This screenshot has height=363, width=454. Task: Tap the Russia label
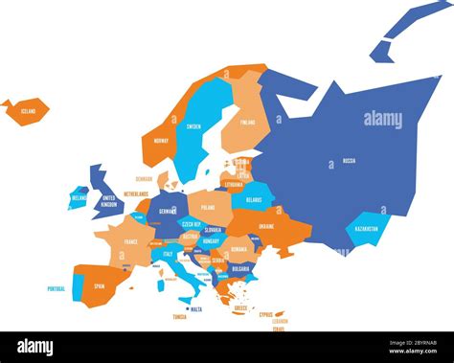point(349,161)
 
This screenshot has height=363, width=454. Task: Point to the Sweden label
point(193,126)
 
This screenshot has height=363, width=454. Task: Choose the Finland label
point(248,123)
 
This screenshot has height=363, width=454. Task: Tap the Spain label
point(99,286)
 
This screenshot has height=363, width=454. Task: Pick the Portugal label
point(57,288)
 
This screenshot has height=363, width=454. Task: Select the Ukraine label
point(265,226)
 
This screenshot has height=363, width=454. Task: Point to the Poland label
point(208,207)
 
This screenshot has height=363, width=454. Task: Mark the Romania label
point(238,248)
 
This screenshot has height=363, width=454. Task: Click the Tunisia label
point(179,316)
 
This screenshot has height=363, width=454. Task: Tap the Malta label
point(196,309)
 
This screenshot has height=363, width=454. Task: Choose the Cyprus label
point(265,312)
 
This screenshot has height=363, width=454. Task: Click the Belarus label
point(254,200)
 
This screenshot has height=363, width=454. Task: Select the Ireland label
point(79,198)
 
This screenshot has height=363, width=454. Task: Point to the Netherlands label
point(136,193)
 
